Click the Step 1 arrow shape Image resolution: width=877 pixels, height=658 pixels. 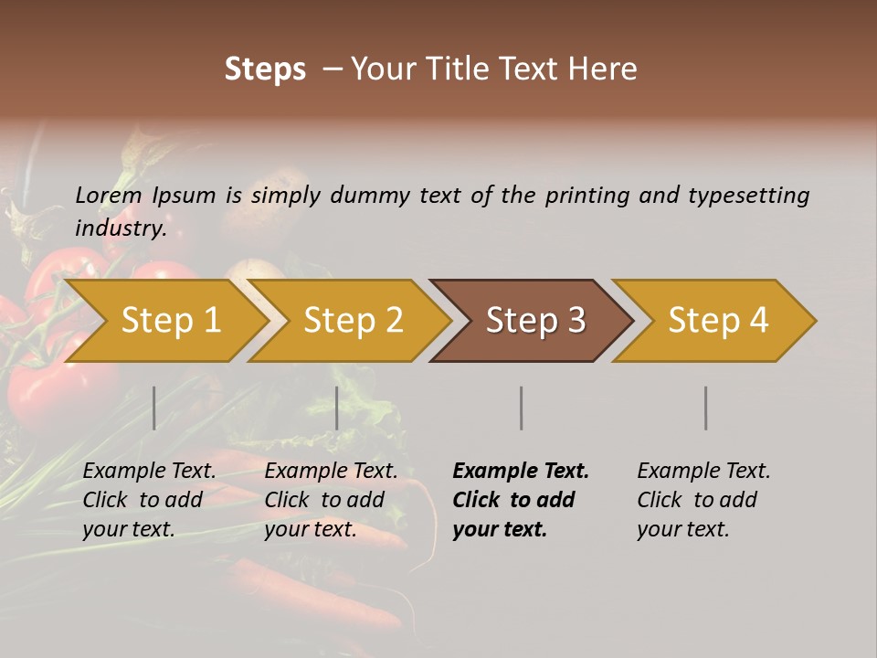click(x=164, y=321)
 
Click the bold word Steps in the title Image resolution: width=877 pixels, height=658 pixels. click(x=265, y=69)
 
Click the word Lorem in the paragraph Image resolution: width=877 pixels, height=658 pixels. click(x=109, y=196)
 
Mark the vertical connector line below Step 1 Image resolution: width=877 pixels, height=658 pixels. click(x=154, y=408)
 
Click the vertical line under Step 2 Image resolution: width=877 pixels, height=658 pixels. click(x=337, y=408)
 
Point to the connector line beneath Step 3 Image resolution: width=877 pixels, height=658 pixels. click(x=522, y=408)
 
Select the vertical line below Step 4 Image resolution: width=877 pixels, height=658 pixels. click(x=706, y=408)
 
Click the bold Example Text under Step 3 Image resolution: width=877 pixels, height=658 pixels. click(x=521, y=472)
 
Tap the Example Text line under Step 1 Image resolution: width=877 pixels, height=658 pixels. click(x=149, y=472)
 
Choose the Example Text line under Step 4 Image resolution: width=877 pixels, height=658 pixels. click(x=703, y=472)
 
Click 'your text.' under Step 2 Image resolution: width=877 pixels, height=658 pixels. click(x=311, y=530)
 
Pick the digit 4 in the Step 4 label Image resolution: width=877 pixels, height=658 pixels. click(x=757, y=321)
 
